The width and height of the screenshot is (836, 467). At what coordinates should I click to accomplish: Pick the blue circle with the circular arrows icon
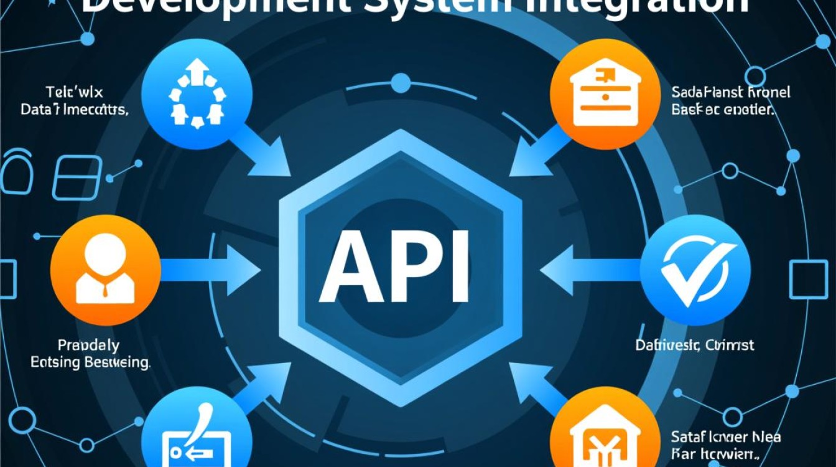point(197,94)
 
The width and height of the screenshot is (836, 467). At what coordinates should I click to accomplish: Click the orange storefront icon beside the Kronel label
point(606,94)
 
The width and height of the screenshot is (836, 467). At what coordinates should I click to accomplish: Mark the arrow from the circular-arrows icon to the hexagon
point(261,149)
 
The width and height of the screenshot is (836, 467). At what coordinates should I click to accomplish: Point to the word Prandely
point(88,344)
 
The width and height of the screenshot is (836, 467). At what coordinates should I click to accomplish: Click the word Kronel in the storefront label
point(766,92)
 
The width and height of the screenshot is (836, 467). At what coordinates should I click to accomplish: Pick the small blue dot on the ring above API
point(401,83)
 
